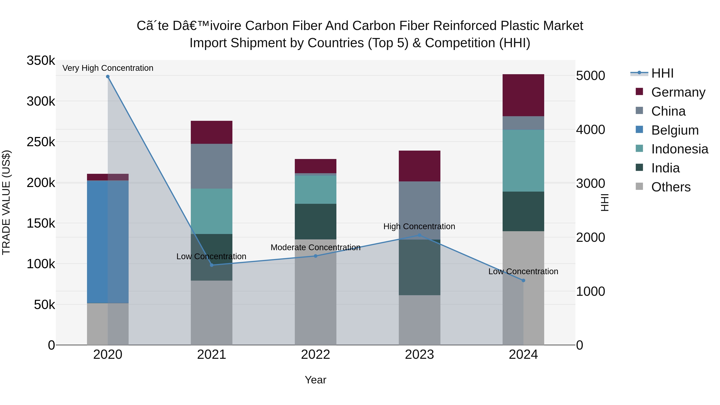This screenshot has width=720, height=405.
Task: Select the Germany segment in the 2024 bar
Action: click(x=523, y=95)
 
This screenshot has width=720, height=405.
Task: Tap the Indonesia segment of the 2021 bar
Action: click(x=212, y=211)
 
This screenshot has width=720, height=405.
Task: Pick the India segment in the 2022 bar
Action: click(x=316, y=221)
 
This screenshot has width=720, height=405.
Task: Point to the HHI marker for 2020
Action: click(x=108, y=77)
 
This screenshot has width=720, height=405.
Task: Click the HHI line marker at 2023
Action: click(x=419, y=235)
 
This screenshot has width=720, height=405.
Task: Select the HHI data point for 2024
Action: click(x=523, y=280)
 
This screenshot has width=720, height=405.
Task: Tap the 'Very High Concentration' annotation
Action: click(x=108, y=68)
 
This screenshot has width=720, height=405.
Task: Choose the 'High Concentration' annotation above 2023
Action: click(x=419, y=226)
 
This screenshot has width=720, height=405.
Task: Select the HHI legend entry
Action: click(x=662, y=73)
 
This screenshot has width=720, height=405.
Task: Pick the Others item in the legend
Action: click(x=671, y=187)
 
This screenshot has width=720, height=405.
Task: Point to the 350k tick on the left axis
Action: click(x=41, y=60)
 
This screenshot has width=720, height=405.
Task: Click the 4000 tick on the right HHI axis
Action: click(x=590, y=130)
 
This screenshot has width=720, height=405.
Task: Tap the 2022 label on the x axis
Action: click(x=316, y=355)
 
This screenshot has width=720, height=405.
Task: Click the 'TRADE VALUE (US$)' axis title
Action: click(x=6, y=202)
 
